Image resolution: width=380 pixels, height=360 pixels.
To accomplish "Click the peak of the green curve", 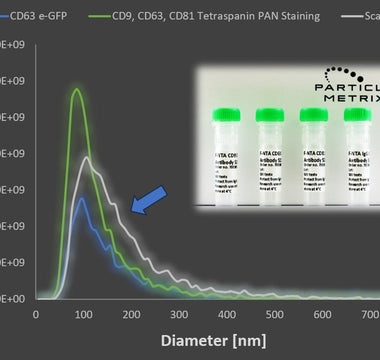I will [79, 90].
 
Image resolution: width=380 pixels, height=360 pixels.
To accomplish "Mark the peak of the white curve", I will [88, 157].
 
